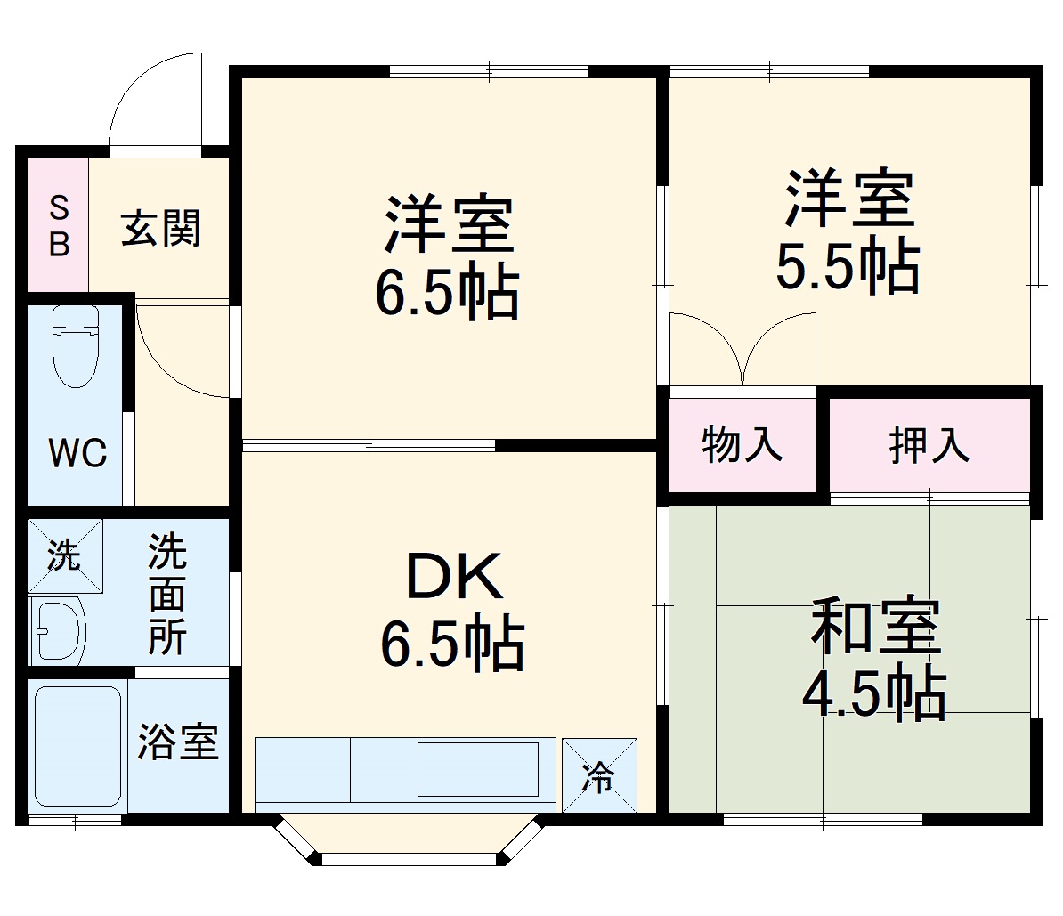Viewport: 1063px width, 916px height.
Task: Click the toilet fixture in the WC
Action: click(x=74, y=347)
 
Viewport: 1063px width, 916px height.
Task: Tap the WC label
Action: click(x=77, y=453)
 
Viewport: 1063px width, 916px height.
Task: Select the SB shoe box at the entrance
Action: click(x=59, y=226)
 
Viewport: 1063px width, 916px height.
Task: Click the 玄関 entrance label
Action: click(x=161, y=228)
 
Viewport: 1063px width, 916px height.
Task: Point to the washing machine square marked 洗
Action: click(x=64, y=556)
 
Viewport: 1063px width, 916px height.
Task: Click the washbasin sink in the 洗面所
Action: click(x=58, y=630)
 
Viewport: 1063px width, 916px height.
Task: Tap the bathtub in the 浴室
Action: click(x=77, y=746)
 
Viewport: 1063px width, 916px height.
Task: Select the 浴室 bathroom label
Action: click(x=178, y=742)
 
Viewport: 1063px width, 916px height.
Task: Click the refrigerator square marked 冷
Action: click(x=599, y=775)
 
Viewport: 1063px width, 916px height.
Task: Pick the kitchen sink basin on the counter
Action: click(x=478, y=768)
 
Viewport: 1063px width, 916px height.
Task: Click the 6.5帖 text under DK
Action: click(x=452, y=643)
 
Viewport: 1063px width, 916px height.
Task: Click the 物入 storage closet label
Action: click(x=742, y=444)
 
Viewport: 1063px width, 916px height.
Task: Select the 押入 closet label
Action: click(x=929, y=444)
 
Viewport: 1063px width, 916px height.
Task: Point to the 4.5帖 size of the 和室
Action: click(x=873, y=693)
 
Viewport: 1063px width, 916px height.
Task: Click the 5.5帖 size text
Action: click(x=848, y=266)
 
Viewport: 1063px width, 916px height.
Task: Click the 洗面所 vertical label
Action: click(x=167, y=594)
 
